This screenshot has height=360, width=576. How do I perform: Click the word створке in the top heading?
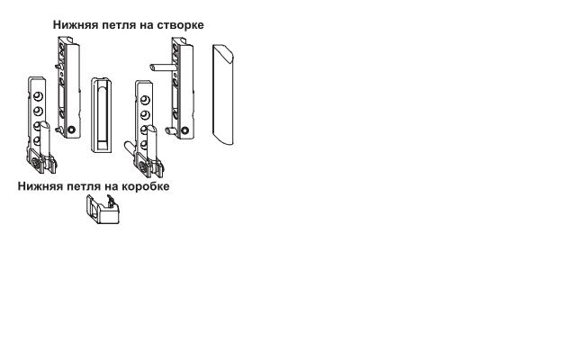coord(180,25)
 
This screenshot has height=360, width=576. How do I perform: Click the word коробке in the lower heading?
coord(146,186)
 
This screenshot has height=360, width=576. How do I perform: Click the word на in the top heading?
coord(147,25)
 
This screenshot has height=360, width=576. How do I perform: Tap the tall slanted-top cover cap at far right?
coord(223,94)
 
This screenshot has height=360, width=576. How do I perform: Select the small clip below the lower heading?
coord(103,209)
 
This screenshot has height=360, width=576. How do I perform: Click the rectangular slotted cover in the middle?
coord(102,115)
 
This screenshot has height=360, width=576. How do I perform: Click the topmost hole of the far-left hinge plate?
coord(38,96)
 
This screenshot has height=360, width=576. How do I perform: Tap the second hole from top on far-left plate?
coord(38,111)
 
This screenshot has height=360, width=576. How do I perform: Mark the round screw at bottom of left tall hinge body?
coord(72,130)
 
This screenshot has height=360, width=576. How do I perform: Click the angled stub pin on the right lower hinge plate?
coord(129,148)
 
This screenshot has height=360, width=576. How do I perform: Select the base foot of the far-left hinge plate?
coord(41,163)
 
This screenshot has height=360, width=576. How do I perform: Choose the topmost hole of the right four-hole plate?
coord(145,100)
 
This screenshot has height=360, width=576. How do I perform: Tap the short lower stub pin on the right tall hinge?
coord(171,130)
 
